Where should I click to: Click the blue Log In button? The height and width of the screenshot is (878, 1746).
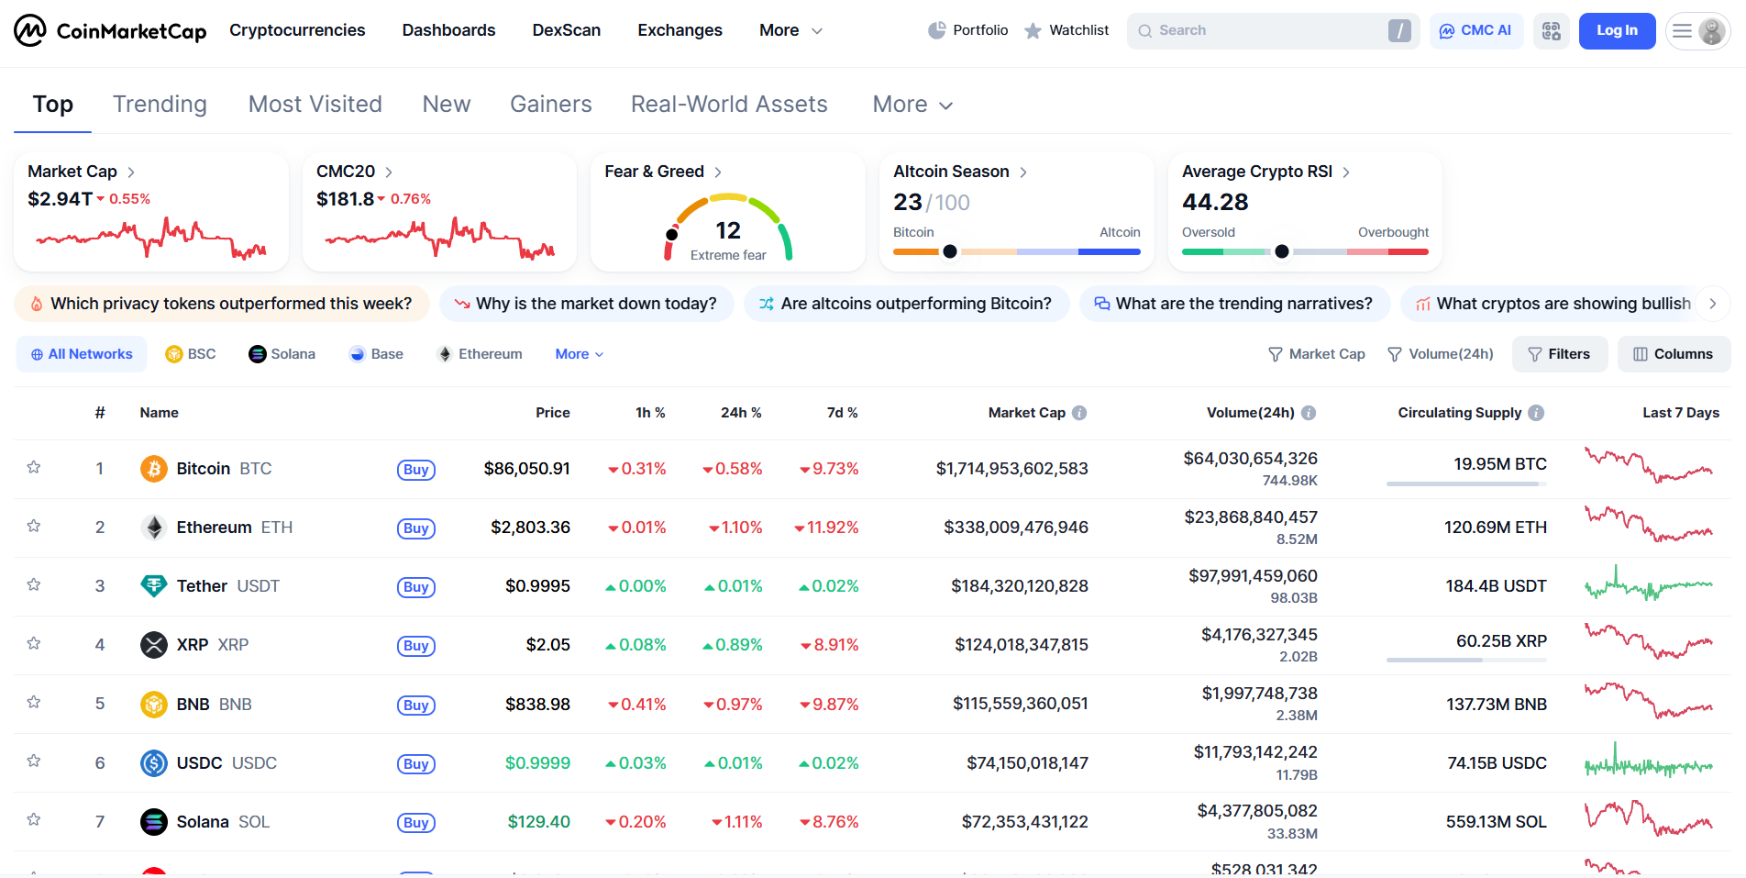tap(1617, 30)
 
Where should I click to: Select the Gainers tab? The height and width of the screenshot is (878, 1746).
tap(550, 105)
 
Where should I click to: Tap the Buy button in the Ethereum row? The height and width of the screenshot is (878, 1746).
tap(416, 528)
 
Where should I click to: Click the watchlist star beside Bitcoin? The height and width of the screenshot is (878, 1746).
tap(34, 468)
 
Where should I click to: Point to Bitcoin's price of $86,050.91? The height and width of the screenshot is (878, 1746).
tap(527, 469)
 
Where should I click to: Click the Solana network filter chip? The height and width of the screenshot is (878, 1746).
tap(282, 354)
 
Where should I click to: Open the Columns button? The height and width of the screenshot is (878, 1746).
tap(1674, 354)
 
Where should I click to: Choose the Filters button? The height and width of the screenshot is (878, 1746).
tap(1560, 354)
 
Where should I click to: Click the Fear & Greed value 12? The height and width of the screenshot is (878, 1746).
tap(728, 230)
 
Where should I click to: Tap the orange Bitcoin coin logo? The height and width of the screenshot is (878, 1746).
tap(154, 469)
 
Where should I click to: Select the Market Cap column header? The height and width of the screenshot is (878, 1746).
tap(1027, 413)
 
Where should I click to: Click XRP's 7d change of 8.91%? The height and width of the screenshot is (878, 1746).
tap(829, 645)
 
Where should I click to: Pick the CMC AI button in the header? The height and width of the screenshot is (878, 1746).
tap(1476, 30)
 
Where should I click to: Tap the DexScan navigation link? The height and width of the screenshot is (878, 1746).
tap(567, 30)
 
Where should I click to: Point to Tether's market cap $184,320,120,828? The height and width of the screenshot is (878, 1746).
tap(1020, 586)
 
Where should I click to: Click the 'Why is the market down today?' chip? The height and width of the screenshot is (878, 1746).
tap(587, 304)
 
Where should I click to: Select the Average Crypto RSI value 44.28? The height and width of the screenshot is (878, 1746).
tap(1215, 202)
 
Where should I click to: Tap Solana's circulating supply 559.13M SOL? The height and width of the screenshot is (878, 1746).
tap(1497, 822)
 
